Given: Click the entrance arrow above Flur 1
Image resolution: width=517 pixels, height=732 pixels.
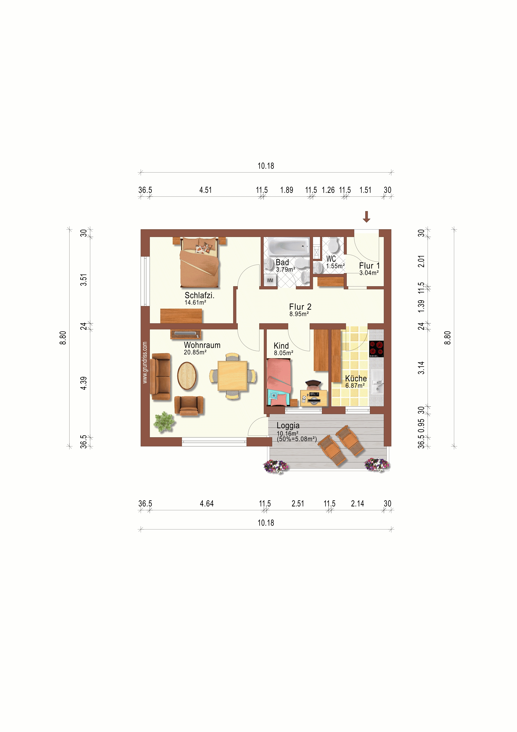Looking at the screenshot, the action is tap(366, 217).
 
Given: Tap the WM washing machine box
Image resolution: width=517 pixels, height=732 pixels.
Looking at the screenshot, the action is tap(270, 280).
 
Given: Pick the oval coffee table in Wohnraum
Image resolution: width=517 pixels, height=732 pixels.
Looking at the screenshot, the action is tap(187, 376).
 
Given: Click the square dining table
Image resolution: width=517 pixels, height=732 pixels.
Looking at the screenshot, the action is tap(233, 376).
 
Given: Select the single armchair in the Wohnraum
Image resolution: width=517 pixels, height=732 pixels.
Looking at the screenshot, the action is tap(189, 406).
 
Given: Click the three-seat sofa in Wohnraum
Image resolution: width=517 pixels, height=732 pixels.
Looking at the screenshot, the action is tap(161, 377).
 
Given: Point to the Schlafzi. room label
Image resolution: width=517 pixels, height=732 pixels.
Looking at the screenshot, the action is tap(199, 296).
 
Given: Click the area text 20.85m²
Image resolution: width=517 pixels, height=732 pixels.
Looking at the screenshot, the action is tap(195, 352).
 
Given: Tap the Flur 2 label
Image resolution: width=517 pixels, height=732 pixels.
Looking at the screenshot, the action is tap(300, 307).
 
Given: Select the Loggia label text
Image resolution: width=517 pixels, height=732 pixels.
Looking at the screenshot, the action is tap(288, 426).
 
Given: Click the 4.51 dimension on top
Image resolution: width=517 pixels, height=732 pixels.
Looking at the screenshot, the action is tap(205, 190).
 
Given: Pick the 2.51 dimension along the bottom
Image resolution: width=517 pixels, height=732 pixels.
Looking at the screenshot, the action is tap(298, 504).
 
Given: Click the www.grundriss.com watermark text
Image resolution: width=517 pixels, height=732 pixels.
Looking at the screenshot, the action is tap(145, 363).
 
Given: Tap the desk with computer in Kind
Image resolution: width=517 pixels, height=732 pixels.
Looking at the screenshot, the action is tap(314, 398).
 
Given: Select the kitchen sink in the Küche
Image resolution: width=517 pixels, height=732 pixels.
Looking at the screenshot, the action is tap(377, 383).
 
